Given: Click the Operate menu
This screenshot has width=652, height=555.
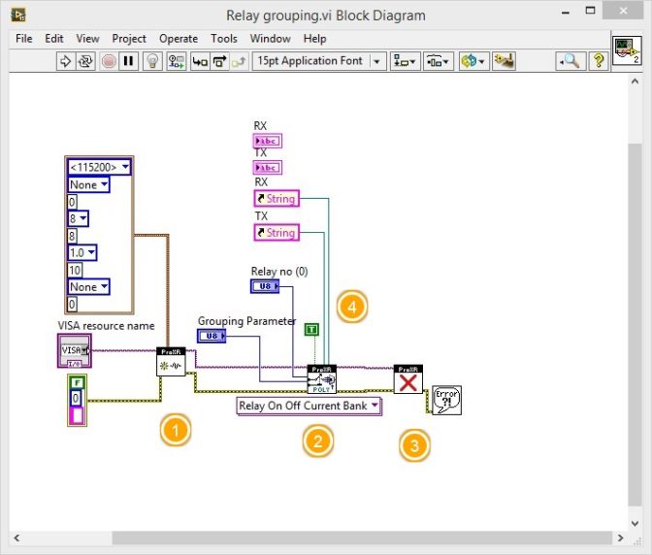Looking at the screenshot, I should pos(179,39).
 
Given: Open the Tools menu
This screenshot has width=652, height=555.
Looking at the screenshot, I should pos(224,39).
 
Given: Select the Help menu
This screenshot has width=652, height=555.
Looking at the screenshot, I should pos(314,39).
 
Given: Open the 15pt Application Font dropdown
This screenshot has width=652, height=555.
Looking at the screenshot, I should pos(318,60).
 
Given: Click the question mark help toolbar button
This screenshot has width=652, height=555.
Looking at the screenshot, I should pos(599,60).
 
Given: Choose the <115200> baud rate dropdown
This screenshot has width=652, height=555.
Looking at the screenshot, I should pos(99,167).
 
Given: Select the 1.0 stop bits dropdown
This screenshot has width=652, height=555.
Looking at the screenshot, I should pos(88,252).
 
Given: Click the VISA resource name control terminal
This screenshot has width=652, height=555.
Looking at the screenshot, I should pos(74,349).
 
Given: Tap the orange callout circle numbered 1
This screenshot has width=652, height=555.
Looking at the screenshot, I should pos(175,429).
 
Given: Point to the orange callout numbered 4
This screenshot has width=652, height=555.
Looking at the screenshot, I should pos(351,308).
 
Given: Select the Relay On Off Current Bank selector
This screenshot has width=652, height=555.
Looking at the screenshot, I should pos(309,406).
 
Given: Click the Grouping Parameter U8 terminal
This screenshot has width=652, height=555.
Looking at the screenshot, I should pos(212,336).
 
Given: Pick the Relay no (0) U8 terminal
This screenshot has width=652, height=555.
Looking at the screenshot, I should pos(265,286).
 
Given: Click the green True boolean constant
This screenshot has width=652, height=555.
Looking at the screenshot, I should pos(310,330).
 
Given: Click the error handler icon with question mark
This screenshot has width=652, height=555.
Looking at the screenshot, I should pos(446,400).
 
